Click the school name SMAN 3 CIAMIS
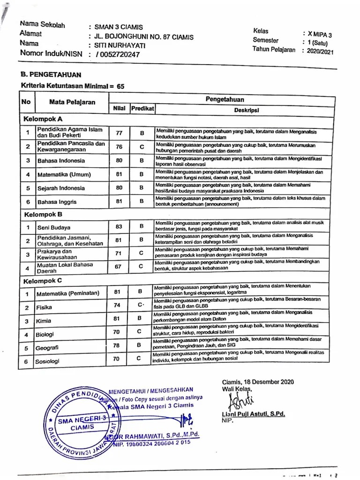[119, 27]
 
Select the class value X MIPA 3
[320, 34]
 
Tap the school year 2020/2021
[321, 52]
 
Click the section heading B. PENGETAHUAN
[51, 75]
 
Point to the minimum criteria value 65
[120, 87]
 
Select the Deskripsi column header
[246, 110]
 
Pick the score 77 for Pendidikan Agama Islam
[119, 133]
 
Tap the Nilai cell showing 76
[119, 147]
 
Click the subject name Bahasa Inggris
[57, 202]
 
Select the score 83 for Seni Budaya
[119, 226]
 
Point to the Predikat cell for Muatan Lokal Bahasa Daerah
[141, 266]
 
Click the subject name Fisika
[45, 307]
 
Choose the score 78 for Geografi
[117, 346]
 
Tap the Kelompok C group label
[43, 280]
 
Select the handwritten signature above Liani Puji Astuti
[239, 401]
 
